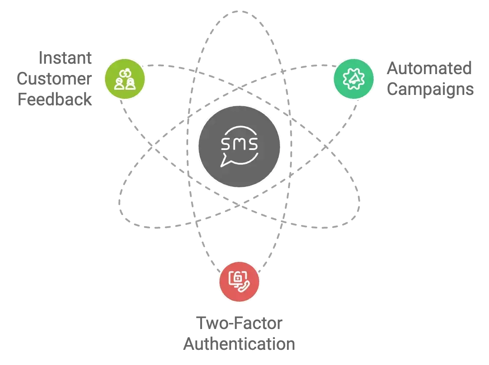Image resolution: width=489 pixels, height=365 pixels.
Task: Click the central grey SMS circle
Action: point(239,146)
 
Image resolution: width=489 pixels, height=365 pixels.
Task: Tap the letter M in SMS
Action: point(239,143)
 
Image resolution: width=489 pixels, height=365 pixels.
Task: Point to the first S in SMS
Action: point(226,143)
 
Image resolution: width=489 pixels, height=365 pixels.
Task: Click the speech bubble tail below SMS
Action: point(225,162)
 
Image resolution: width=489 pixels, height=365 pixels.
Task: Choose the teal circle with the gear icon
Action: point(352,78)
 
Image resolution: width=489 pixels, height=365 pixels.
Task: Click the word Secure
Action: point(66,58)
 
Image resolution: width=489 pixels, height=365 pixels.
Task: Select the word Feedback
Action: point(55,99)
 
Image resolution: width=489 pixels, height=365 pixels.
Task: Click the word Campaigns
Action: point(430,89)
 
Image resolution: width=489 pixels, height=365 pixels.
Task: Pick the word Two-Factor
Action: point(239,323)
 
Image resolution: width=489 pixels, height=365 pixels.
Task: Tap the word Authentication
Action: point(238,343)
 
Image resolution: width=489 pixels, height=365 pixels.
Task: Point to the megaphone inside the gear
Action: point(352,78)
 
